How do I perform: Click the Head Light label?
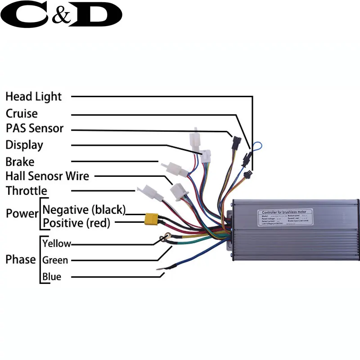pos(33,97)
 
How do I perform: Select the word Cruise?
pos(22,113)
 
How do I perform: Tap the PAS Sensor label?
pos(35,129)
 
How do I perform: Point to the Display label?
pos(24,145)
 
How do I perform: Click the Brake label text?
pos(20,161)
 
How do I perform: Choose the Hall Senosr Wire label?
pos(47,176)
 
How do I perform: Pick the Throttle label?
pos(26,191)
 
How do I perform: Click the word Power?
pos(22,213)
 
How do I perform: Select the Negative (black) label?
pos(84,210)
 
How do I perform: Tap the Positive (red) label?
pos(76,223)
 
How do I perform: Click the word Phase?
pos(20,260)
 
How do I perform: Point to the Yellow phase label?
pos(56,243)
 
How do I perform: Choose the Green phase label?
pos(55,260)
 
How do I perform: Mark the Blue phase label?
pos(51,276)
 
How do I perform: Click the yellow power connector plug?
pos(150,219)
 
